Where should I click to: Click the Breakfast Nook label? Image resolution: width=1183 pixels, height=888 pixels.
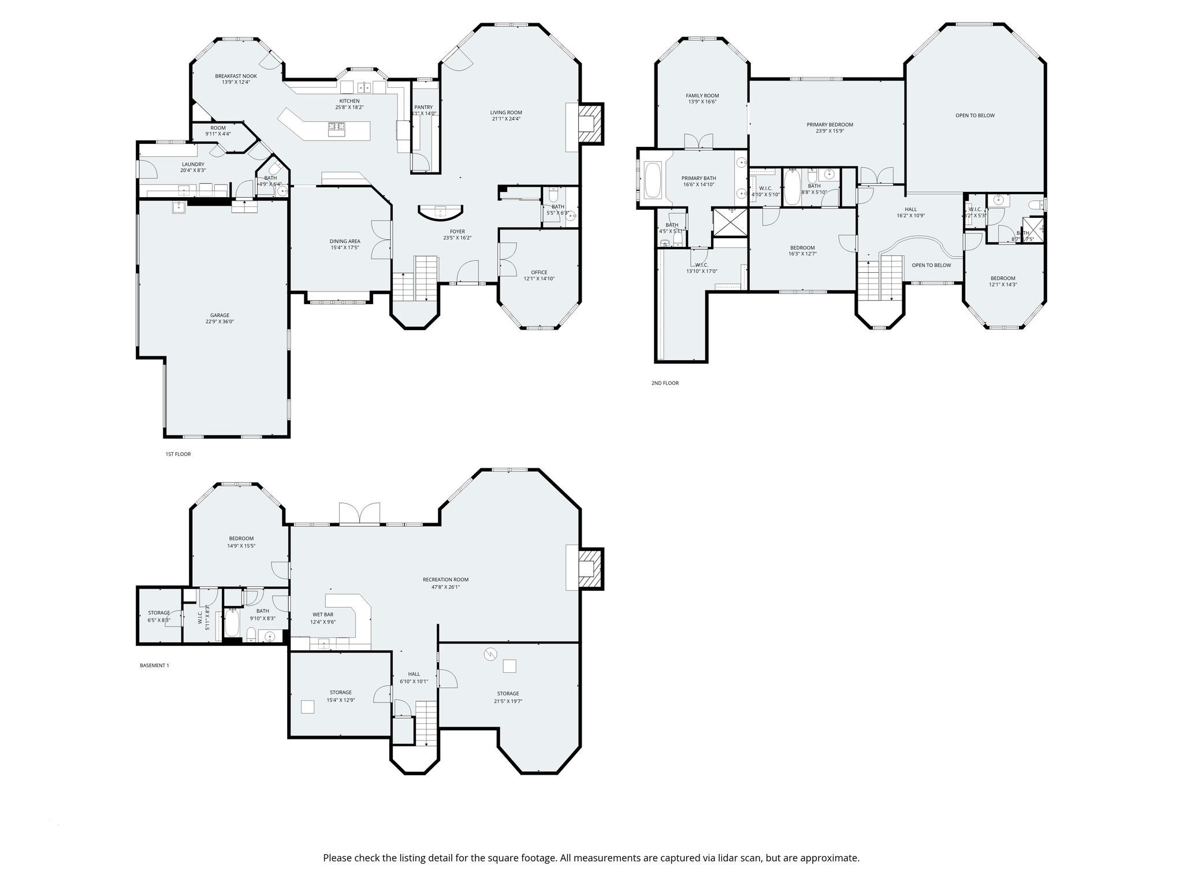(x=236, y=76)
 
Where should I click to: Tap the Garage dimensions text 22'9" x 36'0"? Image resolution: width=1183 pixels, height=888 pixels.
(x=220, y=322)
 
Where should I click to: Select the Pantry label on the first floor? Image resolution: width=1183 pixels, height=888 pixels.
(x=423, y=107)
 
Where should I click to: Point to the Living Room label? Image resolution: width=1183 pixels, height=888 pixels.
(x=506, y=113)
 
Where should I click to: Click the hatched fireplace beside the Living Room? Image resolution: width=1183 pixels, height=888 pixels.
(x=590, y=124)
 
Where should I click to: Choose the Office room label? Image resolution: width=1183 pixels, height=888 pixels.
(x=539, y=272)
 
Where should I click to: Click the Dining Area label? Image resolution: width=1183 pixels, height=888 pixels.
(x=345, y=241)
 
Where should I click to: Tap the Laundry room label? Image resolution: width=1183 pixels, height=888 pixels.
(x=193, y=164)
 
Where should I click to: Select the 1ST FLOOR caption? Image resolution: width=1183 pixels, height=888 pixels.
(x=178, y=454)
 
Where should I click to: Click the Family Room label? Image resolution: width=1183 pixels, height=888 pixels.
(x=702, y=95)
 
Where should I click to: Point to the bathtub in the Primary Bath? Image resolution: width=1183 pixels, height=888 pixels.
(x=654, y=181)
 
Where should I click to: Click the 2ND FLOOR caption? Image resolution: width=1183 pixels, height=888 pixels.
(x=665, y=383)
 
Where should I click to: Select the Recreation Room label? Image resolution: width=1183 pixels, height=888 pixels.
(x=445, y=579)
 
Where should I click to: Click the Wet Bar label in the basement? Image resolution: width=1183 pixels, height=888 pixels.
(x=323, y=615)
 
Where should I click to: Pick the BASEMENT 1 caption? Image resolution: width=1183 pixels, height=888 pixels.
(x=154, y=665)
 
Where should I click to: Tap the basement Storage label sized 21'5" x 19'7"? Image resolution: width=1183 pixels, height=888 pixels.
(x=508, y=694)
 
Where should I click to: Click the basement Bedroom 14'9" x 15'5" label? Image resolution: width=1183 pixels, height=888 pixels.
(x=241, y=538)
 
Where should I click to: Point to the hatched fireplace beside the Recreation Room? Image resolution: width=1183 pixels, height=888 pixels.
(x=590, y=569)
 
